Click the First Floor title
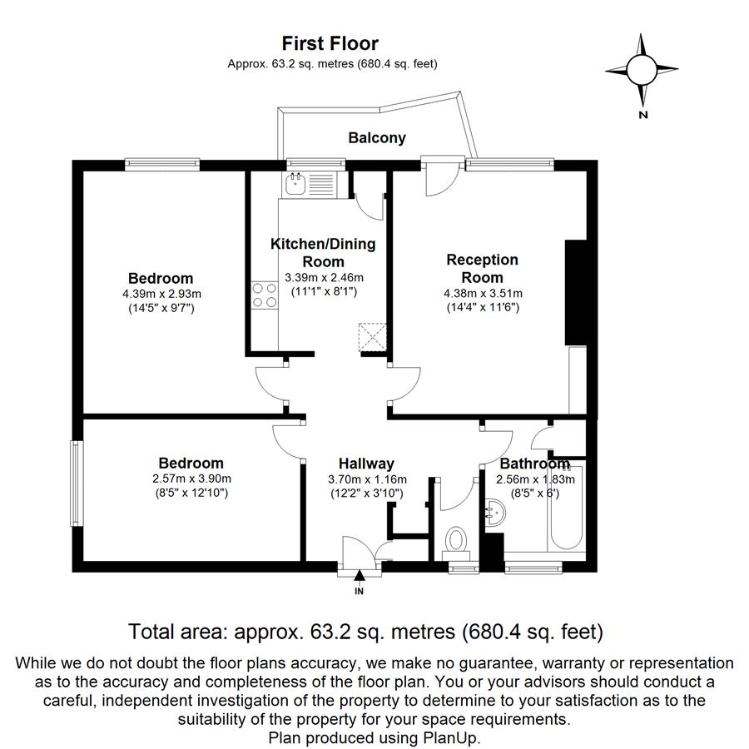330,43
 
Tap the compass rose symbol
642,70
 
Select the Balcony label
377,138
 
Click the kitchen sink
296,184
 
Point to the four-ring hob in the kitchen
264,295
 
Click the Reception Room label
482,269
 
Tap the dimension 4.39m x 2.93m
161,294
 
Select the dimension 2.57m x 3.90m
191,479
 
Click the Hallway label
366,464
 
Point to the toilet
456,543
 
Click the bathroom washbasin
494,513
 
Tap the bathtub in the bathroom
566,508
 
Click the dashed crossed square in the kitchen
373,337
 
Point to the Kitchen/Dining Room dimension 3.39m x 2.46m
324,277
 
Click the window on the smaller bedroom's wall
77,484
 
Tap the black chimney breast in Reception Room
576,292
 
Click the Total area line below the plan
365,632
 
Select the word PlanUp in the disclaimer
450,737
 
